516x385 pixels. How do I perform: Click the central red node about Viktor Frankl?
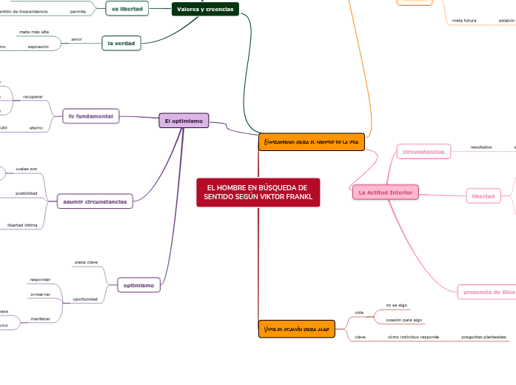point(258,192)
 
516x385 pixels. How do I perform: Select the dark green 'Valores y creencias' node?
point(205,9)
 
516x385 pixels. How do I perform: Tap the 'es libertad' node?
point(128,9)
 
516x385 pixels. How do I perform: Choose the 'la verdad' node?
point(121,44)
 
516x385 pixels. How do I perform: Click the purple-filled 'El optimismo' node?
point(184,121)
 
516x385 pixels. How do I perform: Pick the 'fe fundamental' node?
point(90,116)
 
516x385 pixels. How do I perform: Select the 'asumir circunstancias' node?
point(95,201)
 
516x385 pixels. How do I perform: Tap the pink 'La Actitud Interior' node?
point(385,192)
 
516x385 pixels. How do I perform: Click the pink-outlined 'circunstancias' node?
point(423,151)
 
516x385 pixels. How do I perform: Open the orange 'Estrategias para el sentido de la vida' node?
point(312,141)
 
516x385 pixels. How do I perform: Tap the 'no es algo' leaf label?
point(397,305)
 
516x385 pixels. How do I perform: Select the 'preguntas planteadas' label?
point(484,337)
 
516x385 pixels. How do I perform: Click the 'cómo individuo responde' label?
point(413,337)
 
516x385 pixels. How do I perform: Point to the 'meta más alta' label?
point(34,33)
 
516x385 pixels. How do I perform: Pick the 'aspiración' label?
point(38,47)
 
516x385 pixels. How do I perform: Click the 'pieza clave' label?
point(86,263)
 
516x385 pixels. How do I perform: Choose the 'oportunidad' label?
point(85,299)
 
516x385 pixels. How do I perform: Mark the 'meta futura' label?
point(464,21)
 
